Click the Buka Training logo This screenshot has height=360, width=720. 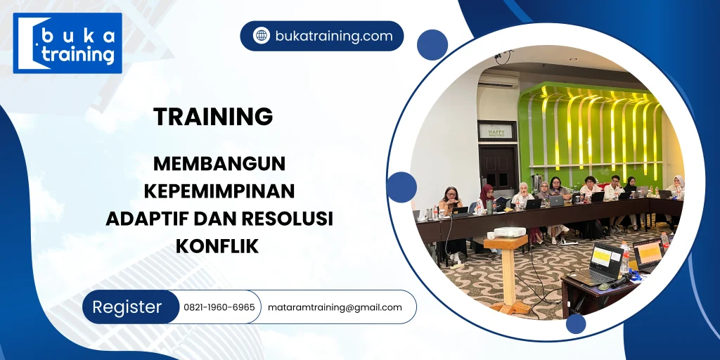(x=67, y=43)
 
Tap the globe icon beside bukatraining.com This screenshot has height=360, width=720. (x=262, y=36)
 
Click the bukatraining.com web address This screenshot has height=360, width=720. (x=334, y=36)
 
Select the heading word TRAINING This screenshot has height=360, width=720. (x=213, y=117)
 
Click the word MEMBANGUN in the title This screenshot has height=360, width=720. (x=219, y=164)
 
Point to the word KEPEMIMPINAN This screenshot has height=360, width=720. (x=219, y=191)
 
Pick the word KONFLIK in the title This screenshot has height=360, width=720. (x=218, y=246)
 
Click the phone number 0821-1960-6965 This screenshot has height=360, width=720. (x=219, y=307)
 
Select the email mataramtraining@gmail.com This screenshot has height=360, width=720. (x=335, y=307)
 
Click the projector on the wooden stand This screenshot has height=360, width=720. (x=509, y=232)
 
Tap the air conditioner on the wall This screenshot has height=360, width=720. (x=498, y=80)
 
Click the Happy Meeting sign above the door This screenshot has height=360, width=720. (x=496, y=131)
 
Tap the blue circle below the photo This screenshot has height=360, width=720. (x=576, y=323)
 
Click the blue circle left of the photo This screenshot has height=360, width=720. (x=401, y=187)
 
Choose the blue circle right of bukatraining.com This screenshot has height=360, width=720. (x=432, y=44)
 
